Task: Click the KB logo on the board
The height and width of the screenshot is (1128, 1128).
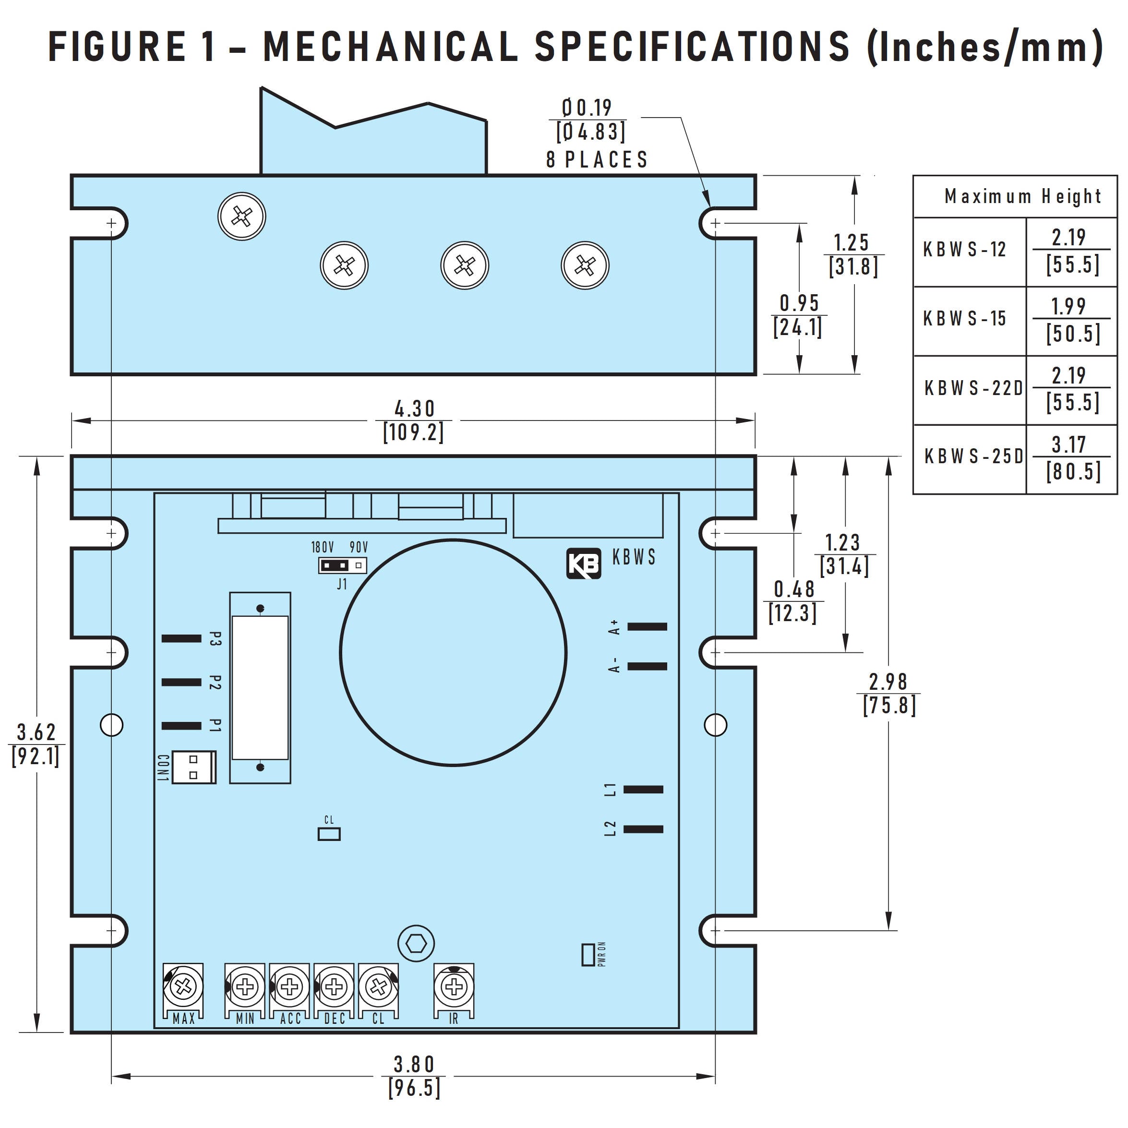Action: tap(583, 564)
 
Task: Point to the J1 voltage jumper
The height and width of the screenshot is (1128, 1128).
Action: tap(342, 565)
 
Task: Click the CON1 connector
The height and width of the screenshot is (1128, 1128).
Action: tap(194, 767)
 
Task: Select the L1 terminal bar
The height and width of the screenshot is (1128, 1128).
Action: tap(643, 790)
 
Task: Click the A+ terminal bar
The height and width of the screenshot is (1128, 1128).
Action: tap(647, 626)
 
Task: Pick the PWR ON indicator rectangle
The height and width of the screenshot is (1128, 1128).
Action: tap(588, 954)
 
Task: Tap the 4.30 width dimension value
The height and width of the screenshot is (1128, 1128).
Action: tap(414, 408)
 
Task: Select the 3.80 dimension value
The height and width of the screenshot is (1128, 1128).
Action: tap(414, 1064)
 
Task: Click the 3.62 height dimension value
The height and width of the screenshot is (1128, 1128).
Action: tap(36, 732)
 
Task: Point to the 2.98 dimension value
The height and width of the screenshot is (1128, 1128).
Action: tap(888, 681)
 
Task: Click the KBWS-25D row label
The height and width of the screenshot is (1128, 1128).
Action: tap(973, 456)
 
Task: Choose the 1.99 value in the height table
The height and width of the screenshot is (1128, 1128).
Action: tap(1068, 306)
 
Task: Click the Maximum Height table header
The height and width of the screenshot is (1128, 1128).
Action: tap(1022, 196)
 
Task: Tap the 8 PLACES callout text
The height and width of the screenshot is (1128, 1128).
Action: tap(597, 159)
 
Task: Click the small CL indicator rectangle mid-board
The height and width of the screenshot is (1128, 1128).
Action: tap(329, 834)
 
